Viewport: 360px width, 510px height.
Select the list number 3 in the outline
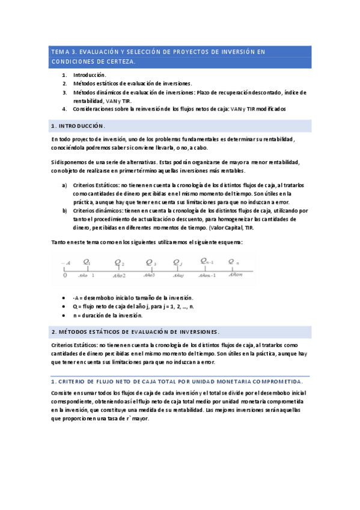[64, 92]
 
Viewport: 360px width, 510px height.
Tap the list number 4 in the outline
[64, 109]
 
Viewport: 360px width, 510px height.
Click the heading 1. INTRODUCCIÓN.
[78, 126]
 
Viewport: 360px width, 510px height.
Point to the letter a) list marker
[64, 185]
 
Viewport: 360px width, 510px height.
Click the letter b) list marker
[64, 211]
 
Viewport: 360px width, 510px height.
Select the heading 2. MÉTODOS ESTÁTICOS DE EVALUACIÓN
[136, 331]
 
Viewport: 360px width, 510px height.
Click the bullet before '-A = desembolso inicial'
[64, 298]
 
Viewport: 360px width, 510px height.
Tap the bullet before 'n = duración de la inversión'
[64, 315]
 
